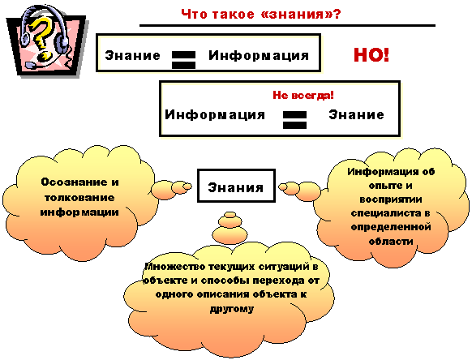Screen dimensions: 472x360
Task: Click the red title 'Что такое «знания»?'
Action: tap(261, 14)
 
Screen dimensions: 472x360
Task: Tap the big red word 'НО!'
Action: tap(371, 55)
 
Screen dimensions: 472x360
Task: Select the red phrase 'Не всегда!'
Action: tap(303, 95)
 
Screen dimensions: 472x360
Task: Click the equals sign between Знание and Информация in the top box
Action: tap(183, 60)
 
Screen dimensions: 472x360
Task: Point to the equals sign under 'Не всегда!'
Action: tap(294, 120)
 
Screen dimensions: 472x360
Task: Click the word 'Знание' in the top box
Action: tap(132, 56)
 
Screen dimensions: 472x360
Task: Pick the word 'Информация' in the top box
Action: tap(259, 56)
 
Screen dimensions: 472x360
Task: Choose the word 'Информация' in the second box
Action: tap(215, 115)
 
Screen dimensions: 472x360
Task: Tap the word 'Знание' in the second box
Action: tap(356, 114)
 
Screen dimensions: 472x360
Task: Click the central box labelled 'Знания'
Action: tap(236, 186)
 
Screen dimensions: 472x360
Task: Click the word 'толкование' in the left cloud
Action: tap(79, 198)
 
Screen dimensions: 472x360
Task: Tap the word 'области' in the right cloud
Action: tap(391, 242)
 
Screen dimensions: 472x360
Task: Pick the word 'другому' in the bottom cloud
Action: tap(232, 309)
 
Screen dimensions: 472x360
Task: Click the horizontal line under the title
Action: tap(287, 26)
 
